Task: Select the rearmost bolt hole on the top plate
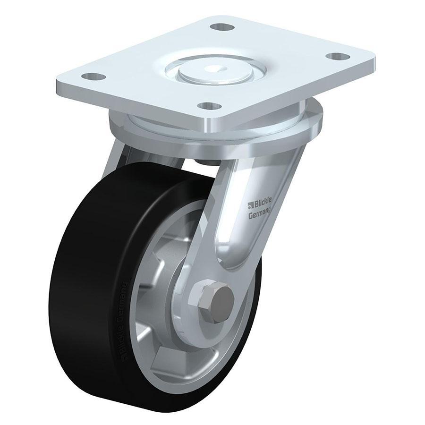[218, 27]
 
